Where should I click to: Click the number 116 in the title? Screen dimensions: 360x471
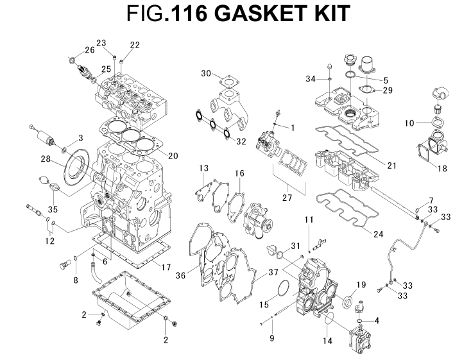tap(190, 16)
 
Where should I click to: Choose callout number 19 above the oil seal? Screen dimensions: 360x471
tap(361, 285)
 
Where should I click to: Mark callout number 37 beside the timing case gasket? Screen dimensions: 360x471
tap(274, 271)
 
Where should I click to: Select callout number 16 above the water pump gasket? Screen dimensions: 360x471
tap(239, 173)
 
